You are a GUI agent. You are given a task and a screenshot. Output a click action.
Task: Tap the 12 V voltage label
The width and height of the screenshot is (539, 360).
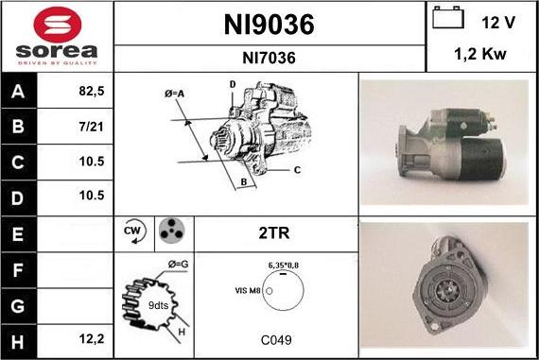[x=496, y=22]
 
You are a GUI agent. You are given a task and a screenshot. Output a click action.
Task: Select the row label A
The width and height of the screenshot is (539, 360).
[x=18, y=93]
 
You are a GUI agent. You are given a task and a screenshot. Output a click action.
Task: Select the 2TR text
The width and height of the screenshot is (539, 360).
[x=273, y=231]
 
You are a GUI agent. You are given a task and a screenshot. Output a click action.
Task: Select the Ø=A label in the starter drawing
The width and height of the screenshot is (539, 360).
[x=173, y=93]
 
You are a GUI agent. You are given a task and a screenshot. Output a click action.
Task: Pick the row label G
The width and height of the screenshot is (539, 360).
[x=18, y=306]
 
